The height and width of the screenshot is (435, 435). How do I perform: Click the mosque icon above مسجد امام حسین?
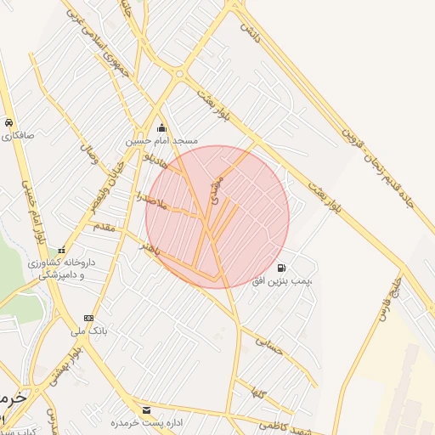coord(161,128)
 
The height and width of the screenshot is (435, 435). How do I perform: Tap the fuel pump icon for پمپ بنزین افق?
coord(281,267)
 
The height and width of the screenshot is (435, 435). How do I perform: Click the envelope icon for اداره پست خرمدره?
coord(146,410)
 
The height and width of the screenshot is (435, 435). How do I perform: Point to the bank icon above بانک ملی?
coord(89,318)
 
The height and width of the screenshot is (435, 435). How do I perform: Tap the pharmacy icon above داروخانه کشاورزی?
coord(61,251)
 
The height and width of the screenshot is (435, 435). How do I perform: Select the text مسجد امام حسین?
coord(161,140)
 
